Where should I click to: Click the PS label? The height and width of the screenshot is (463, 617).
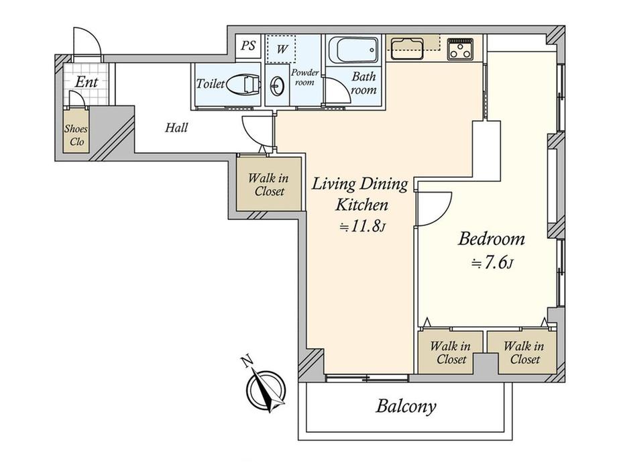[x=248, y=46]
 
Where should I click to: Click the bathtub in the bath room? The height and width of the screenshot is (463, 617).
[x=353, y=50]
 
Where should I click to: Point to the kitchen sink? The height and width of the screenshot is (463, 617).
[x=407, y=48]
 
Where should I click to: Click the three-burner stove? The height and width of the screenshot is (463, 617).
[x=460, y=49]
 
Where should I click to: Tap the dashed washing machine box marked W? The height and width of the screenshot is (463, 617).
[x=281, y=49]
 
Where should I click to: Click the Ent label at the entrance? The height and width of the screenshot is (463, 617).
[x=86, y=83]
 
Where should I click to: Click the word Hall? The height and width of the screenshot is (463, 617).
[x=176, y=127]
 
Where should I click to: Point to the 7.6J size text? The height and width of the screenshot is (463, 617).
[x=492, y=263]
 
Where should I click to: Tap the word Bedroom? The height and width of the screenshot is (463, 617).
[x=492, y=239]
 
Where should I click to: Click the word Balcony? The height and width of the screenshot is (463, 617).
[x=406, y=407]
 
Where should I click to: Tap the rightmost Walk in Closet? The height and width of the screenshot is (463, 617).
[x=523, y=352]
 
